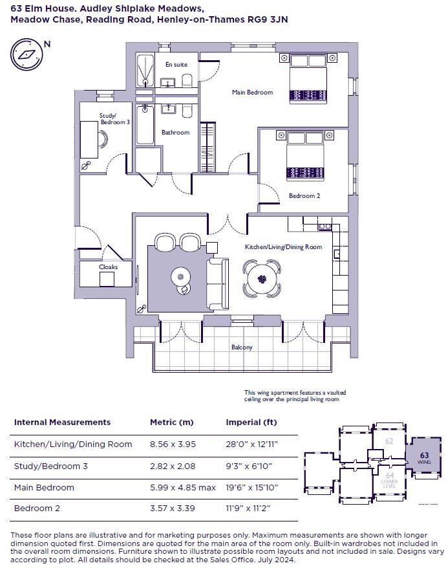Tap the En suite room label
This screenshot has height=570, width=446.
coord(176,65)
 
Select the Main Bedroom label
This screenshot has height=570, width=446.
coord(252,93)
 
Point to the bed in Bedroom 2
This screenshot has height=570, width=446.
coord(304,156)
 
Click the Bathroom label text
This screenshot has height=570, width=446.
coord(175,133)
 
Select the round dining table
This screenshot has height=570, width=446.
coord(262,279)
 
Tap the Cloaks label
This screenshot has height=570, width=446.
coord(108,267)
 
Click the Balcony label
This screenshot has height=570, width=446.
coord(242,347)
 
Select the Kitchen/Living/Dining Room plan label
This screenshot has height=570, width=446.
coord(283,247)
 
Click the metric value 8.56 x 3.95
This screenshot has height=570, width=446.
coord(173,444)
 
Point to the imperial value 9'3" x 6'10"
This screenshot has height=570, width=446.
coord(248,466)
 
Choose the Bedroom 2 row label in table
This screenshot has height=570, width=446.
coord(37,509)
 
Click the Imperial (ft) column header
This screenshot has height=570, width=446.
coord(251,422)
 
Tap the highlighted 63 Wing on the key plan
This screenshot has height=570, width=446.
coord(424,458)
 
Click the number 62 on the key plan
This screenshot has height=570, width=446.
coord(389,441)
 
